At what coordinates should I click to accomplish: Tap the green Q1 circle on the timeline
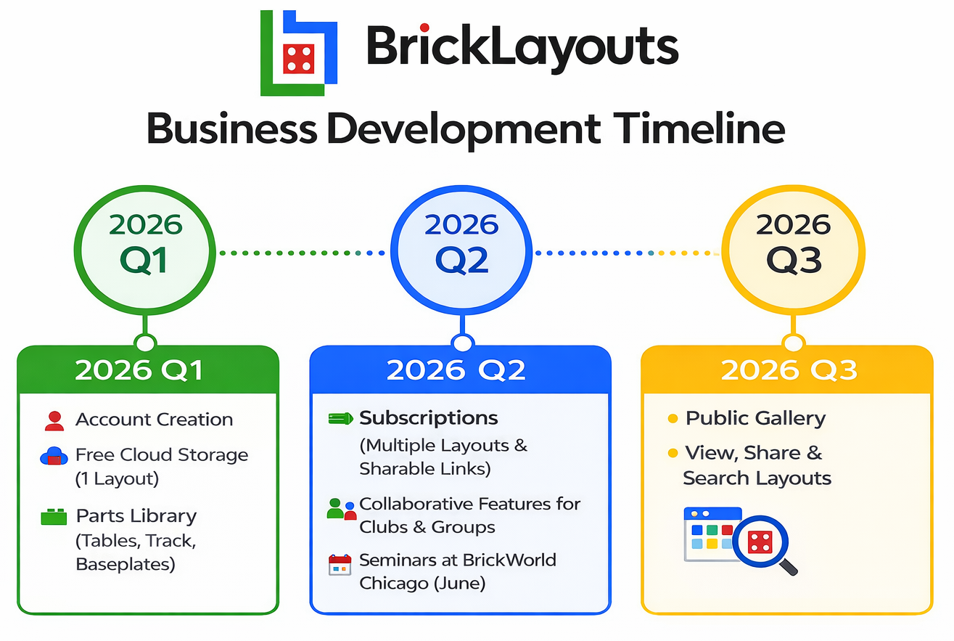pyautogui.click(x=146, y=243)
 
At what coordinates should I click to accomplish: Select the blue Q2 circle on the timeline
pyautogui.click(x=461, y=243)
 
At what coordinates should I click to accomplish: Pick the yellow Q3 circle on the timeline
pyautogui.click(x=793, y=243)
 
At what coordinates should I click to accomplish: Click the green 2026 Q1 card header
pyautogui.click(x=147, y=370)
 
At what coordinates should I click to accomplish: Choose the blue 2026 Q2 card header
pyautogui.click(x=461, y=370)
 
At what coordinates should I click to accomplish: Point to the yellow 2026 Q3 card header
pyautogui.click(x=788, y=370)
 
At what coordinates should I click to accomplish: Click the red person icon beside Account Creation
pyautogui.click(x=54, y=420)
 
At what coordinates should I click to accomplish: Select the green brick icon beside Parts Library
pyautogui.click(x=54, y=517)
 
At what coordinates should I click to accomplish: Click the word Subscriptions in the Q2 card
pyautogui.click(x=429, y=418)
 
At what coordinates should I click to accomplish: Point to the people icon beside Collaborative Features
pyautogui.click(x=341, y=509)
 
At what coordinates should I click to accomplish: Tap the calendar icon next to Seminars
pyautogui.click(x=340, y=565)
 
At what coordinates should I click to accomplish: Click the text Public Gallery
pyautogui.click(x=755, y=418)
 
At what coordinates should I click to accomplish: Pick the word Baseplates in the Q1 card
pyautogui.click(x=126, y=564)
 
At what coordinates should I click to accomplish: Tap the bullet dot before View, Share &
pyautogui.click(x=673, y=454)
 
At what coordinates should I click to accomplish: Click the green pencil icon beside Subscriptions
pyautogui.click(x=340, y=419)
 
